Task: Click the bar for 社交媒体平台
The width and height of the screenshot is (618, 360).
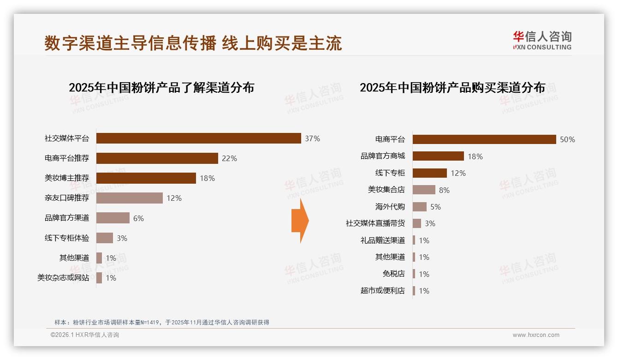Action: click(x=198, y=138)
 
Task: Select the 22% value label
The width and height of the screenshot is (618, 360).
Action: click(x=229, y=158)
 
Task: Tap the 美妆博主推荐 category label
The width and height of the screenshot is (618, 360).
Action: click(x=67, y=178)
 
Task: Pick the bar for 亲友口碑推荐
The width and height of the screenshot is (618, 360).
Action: click(x=130, y=198)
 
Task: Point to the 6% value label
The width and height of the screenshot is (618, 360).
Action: click(x=138, y=218)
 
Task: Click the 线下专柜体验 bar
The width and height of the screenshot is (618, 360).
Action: click(x=105, y=238)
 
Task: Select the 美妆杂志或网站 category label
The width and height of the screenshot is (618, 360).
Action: click(x=64, y=278)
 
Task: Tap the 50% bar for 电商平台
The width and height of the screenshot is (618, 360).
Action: click(x=484, y=139)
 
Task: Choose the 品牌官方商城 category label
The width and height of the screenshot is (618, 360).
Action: click(x=383, y=156)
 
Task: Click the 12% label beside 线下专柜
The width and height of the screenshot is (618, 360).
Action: click(x=458, y=173)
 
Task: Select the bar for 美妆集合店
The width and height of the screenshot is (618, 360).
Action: click(x=424, y=190)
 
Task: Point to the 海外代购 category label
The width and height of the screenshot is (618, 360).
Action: click(x=390, y=207)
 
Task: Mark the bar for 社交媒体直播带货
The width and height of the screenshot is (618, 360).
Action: click(x=417, y=223)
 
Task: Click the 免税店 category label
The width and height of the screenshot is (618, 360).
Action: click(x=394, y=274)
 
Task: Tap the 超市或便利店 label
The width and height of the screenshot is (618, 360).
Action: click(x=383, y=291)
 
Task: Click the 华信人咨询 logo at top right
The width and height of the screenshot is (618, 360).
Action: click(x=542, y=40)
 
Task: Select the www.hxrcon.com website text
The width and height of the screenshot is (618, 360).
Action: click(x=536, y=335)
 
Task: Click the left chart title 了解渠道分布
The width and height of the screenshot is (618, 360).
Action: click(x=161, y=88)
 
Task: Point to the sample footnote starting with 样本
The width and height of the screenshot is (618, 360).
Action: click(x=161, y=323)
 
